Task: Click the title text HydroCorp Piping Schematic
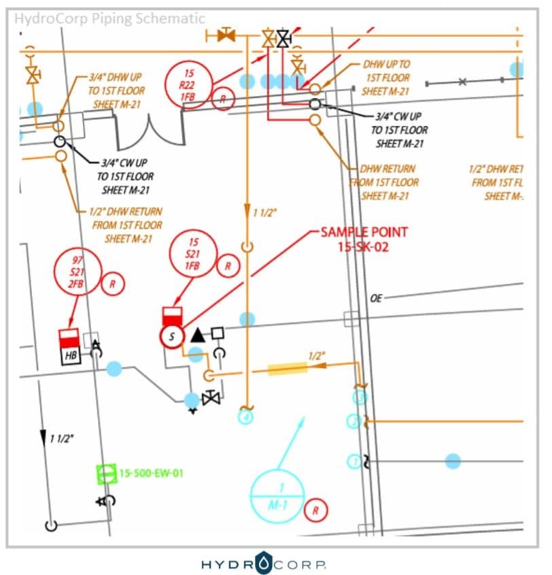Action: point(109,18)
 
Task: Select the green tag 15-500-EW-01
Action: point(152,472)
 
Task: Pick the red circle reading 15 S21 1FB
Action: point(194,254)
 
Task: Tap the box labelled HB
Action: point(71,347)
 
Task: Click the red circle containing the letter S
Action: point(172,335)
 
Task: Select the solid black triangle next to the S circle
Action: point(198,334)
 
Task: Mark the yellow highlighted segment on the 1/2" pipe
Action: point(288,369)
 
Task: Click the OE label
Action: point(376,298)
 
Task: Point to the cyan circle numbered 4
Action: point(245,415)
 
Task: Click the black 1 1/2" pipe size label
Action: point(61,438)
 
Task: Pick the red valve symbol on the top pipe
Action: point(225,35)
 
